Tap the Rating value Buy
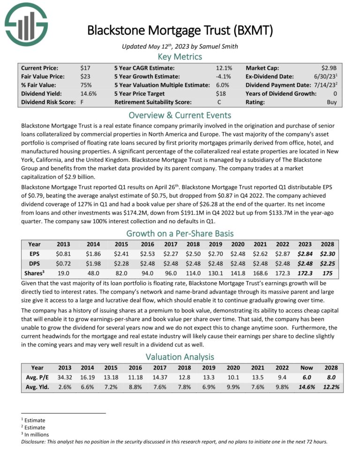tap(332, 102)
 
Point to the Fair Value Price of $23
tap(85, 77)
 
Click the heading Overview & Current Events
tap(180, 115)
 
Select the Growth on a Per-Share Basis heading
tap(180, 233)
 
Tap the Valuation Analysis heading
tap(180, 357)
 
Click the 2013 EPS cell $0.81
tap(63, 255)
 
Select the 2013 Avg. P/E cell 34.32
tap(65, 379)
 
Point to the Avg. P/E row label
tap(36, 379)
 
